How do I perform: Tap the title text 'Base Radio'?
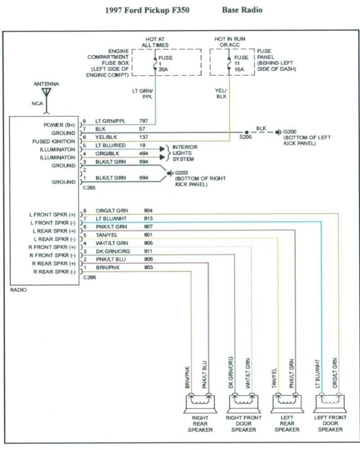click(x=242, y=9)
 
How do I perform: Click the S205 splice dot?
click(x=246, y=133)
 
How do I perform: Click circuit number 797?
click(x=143, y=121)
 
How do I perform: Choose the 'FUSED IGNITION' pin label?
click(x=53, y=142)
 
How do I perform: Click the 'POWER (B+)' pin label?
click(x=60, y=125)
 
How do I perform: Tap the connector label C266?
click(x=90, y=278)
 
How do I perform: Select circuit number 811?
click(x=148, y=251)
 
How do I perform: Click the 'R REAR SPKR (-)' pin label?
click(x=53, y=272)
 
